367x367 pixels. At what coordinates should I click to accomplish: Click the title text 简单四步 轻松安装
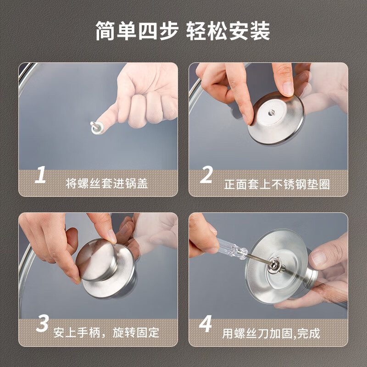pyautogui.click(x=183, y=31)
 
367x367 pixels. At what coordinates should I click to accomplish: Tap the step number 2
pyautogui.click(x=207, y=175)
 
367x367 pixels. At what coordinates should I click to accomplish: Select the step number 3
pyautogui.click(x=42, y=324)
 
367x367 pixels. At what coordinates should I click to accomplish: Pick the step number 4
pyautogui.click(x=206, y=324)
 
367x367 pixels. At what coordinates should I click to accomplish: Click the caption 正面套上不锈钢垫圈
pyautogui.click(x=277, y=184)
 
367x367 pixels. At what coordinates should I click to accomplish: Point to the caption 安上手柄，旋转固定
pyautogui.click(x=106, y=332)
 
